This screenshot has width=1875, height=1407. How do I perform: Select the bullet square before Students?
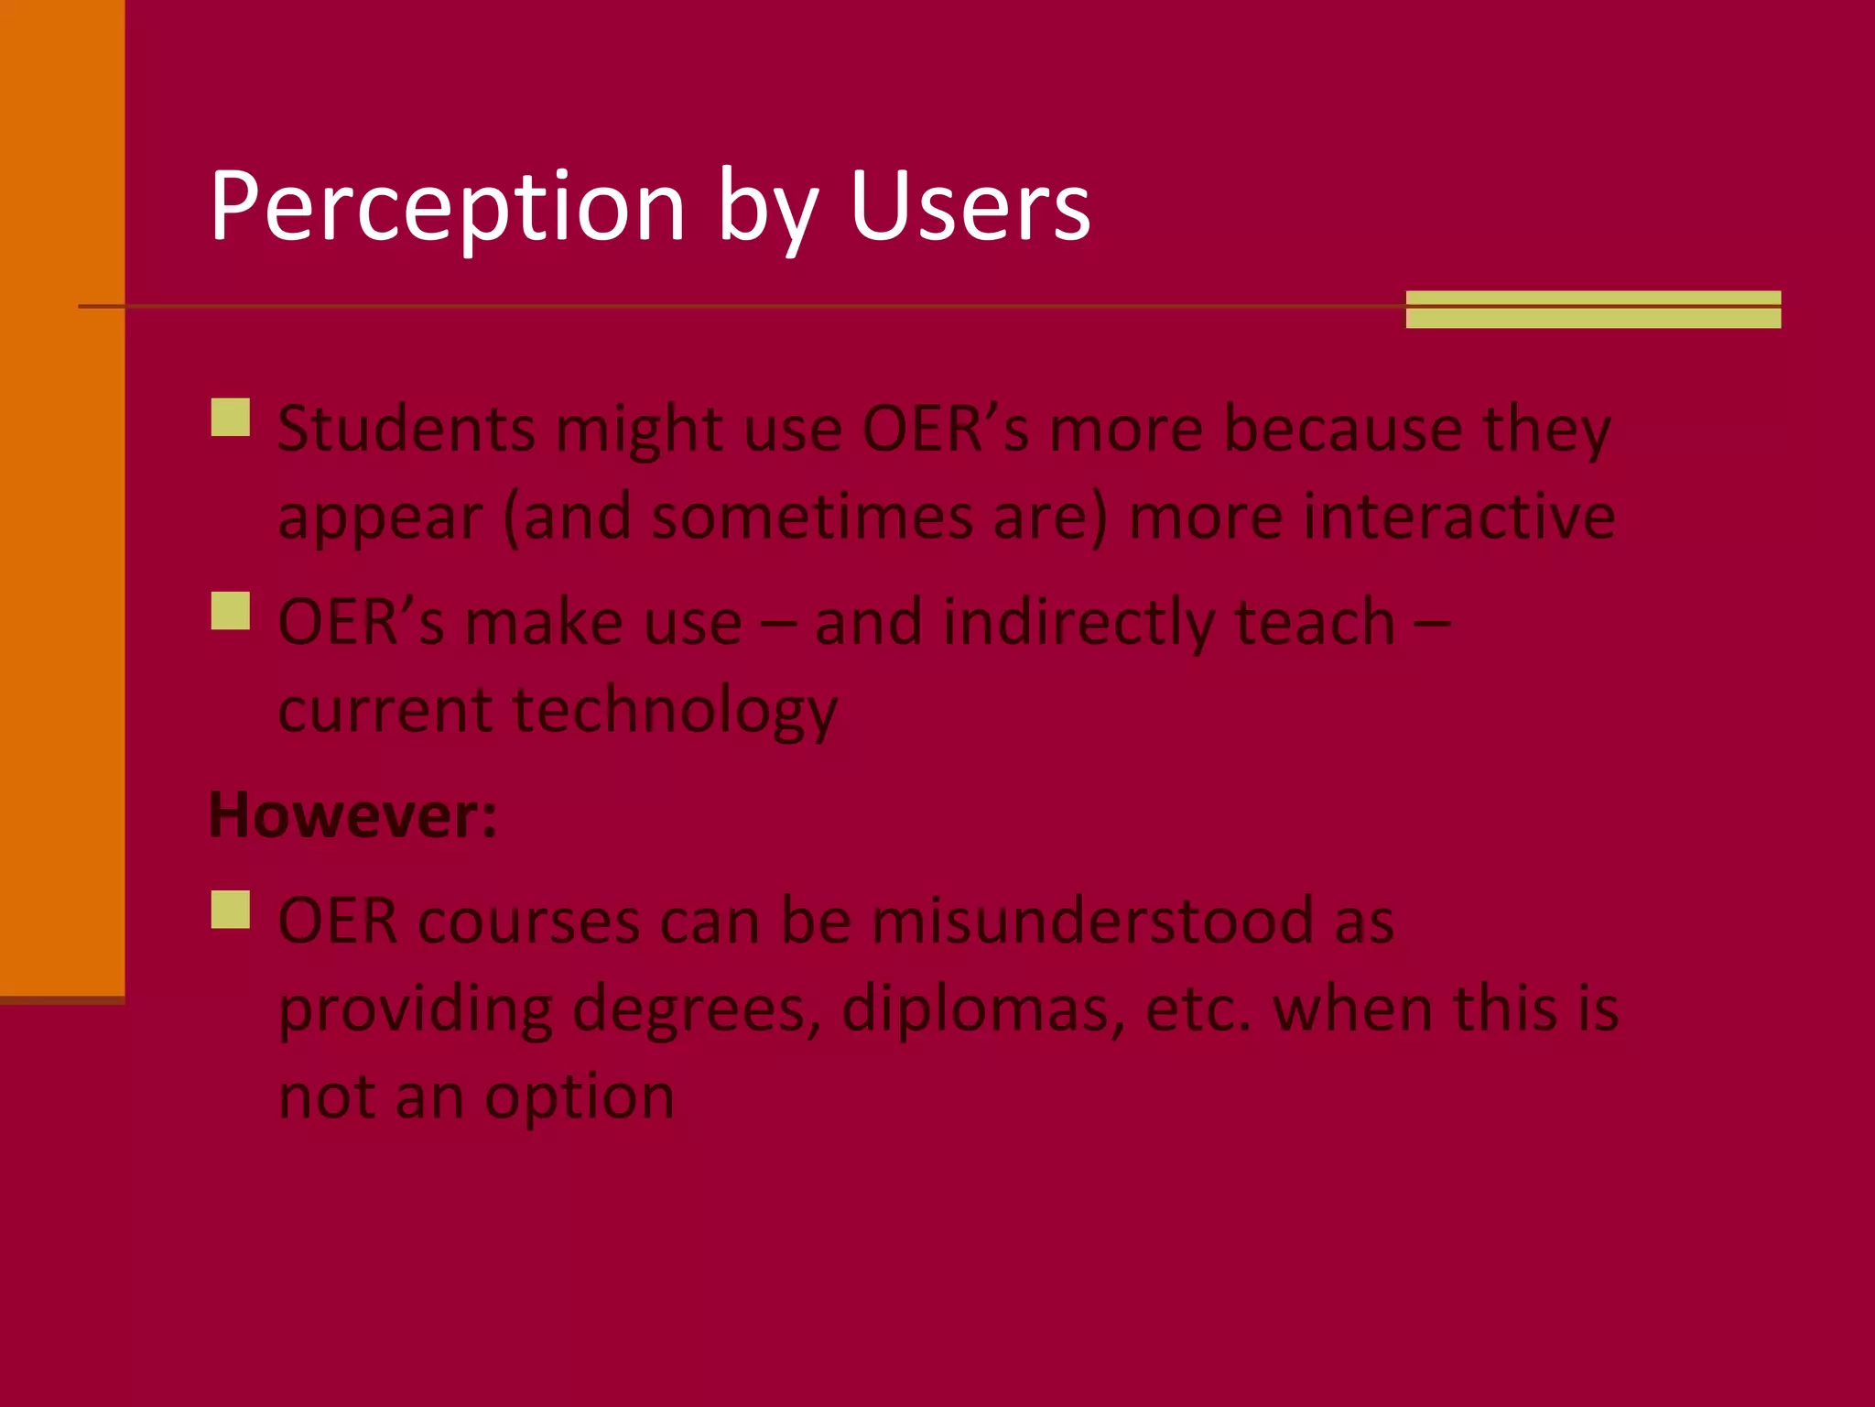click(230, 417)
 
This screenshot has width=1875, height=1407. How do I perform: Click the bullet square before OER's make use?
click(230, 610)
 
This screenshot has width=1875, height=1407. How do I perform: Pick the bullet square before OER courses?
click(230, 910)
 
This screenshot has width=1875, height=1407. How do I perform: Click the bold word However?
click(352, 814)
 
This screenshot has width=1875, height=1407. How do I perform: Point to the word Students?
click(406, 429)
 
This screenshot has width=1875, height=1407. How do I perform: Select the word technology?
click(674, 711)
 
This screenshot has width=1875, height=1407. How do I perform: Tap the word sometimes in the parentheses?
click(812, 517)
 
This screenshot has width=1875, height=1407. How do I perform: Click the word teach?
click(1315, 623)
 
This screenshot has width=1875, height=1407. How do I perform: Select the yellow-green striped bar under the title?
click(1592, 309)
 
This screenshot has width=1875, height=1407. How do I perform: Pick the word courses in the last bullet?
click(528, 921)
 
